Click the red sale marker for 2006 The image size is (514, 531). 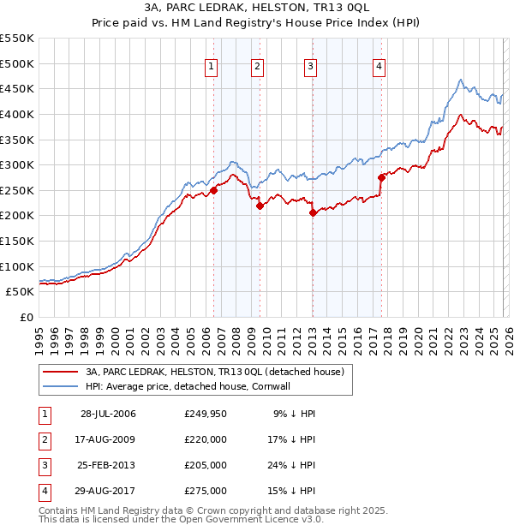point(213,191)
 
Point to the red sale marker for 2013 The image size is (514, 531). point(313,213)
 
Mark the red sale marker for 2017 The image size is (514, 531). point(381,178)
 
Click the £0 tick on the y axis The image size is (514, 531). point(28,317)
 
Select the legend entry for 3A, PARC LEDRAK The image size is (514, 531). point(214,372)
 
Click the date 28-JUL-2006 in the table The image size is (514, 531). point(108,414)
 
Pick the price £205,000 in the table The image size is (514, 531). point(206,465)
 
